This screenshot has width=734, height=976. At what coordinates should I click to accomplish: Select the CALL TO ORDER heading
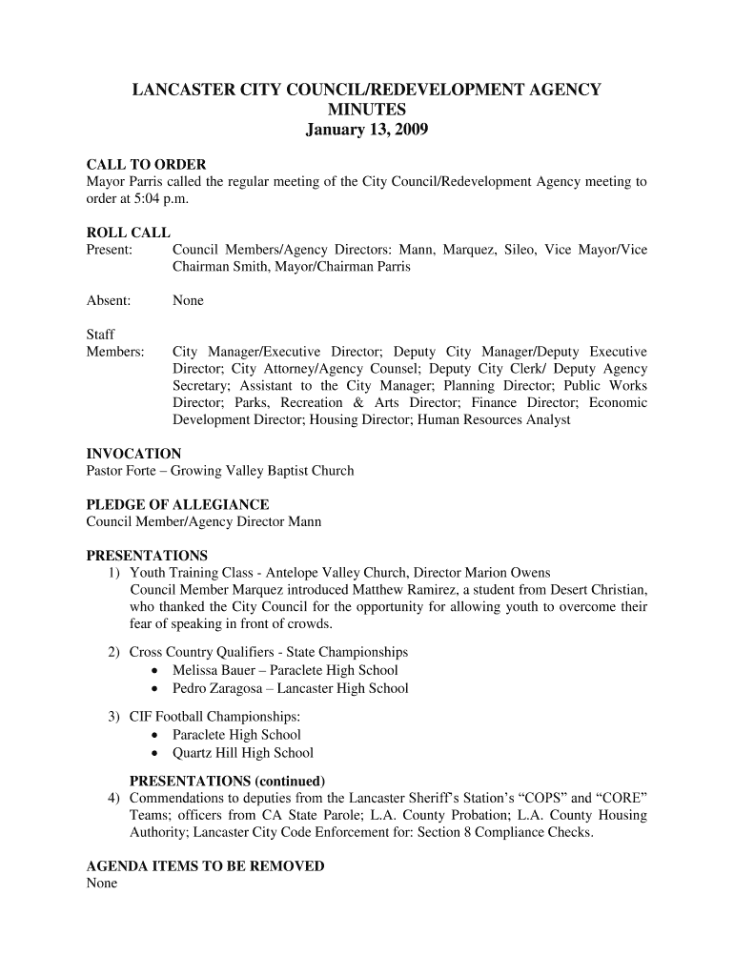[x=146, y=165]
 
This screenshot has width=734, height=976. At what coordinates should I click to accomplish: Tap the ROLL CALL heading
[x=129, y=233]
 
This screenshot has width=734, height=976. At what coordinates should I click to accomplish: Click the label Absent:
[x=109, y=300]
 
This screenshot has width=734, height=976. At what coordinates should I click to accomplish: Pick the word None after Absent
[x=188, y=300]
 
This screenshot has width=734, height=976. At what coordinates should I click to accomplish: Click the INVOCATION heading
[x=133, y=454]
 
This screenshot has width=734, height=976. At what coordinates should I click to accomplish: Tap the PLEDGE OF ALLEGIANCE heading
[x=177, y=504]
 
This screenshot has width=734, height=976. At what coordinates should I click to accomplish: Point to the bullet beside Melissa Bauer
[x=153, y=671]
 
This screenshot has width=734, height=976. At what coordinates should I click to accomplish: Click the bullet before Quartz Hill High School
[x=153, y=753]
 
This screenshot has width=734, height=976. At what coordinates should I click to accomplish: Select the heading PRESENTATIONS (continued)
[x=227, y=781]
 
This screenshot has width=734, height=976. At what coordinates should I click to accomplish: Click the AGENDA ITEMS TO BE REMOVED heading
[x=205, y=866]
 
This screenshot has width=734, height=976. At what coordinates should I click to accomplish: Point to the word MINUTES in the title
[x=366, y=111]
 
